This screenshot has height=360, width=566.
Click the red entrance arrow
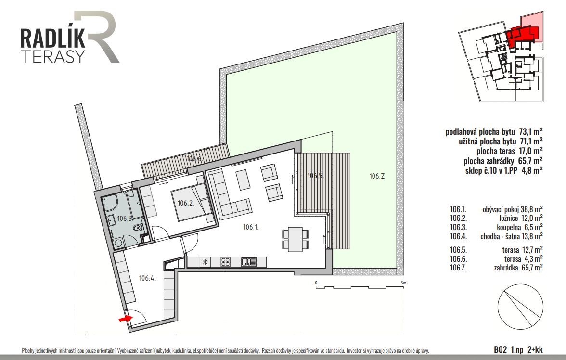coord(126,319)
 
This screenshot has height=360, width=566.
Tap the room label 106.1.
coord(251,227)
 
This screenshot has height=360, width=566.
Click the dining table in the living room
coord(296,239)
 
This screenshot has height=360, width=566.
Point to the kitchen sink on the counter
coord(249,261)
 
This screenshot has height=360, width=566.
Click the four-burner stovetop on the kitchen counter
coord(226,262)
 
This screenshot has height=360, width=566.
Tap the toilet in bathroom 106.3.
coord(138,228)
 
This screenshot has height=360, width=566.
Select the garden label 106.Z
coord(377,176)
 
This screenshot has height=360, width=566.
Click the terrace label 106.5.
coord(315,176)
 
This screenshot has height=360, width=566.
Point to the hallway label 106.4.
coord(147,278)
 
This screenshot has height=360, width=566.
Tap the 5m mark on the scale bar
coord(404,283)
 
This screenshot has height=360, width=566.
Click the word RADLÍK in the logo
coord(53,39)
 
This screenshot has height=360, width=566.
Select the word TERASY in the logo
coord(53,56)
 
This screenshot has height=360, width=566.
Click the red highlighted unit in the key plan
coord(522,36)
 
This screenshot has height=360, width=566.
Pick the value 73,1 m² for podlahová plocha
coord(530,132)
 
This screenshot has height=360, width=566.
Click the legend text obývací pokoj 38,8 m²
coord(513,209)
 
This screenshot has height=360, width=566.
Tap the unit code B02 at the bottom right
coord(501,349)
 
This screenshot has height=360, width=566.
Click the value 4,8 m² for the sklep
coord(532,170)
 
